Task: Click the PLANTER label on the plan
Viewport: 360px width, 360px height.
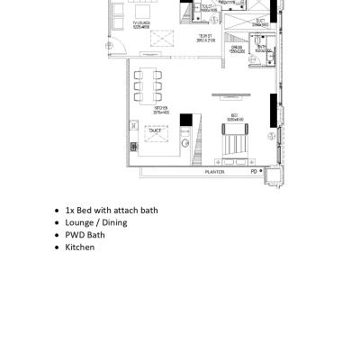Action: (x=214, y=171)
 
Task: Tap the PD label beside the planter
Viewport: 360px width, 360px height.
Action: (x=254, y=171)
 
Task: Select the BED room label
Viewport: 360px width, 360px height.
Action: (x=234, y=116)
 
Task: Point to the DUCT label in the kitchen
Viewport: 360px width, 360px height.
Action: (x=154, y=130)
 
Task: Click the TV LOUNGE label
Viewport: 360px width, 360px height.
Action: (x=142, y=24)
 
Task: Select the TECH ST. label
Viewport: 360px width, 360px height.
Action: (x=206, y=38)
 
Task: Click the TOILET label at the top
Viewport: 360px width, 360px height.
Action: (x=207, y=6)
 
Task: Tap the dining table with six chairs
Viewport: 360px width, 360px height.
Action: (x=149, y=84)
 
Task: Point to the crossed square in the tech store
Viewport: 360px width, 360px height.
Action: (x=163, y=39)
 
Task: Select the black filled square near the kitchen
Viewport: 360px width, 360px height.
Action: (x=186, y=120)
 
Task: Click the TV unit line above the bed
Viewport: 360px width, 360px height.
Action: (x=231, y=92)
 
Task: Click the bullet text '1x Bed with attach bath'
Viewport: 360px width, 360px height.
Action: (x=112, y=210)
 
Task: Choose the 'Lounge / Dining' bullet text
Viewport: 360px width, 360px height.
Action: (x=96, y=222)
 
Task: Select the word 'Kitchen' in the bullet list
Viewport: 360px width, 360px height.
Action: (x=80, y=247)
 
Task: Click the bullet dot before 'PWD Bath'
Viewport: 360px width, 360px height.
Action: (x=57, y=235)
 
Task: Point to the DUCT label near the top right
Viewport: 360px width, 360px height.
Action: (x=259, y=20)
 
